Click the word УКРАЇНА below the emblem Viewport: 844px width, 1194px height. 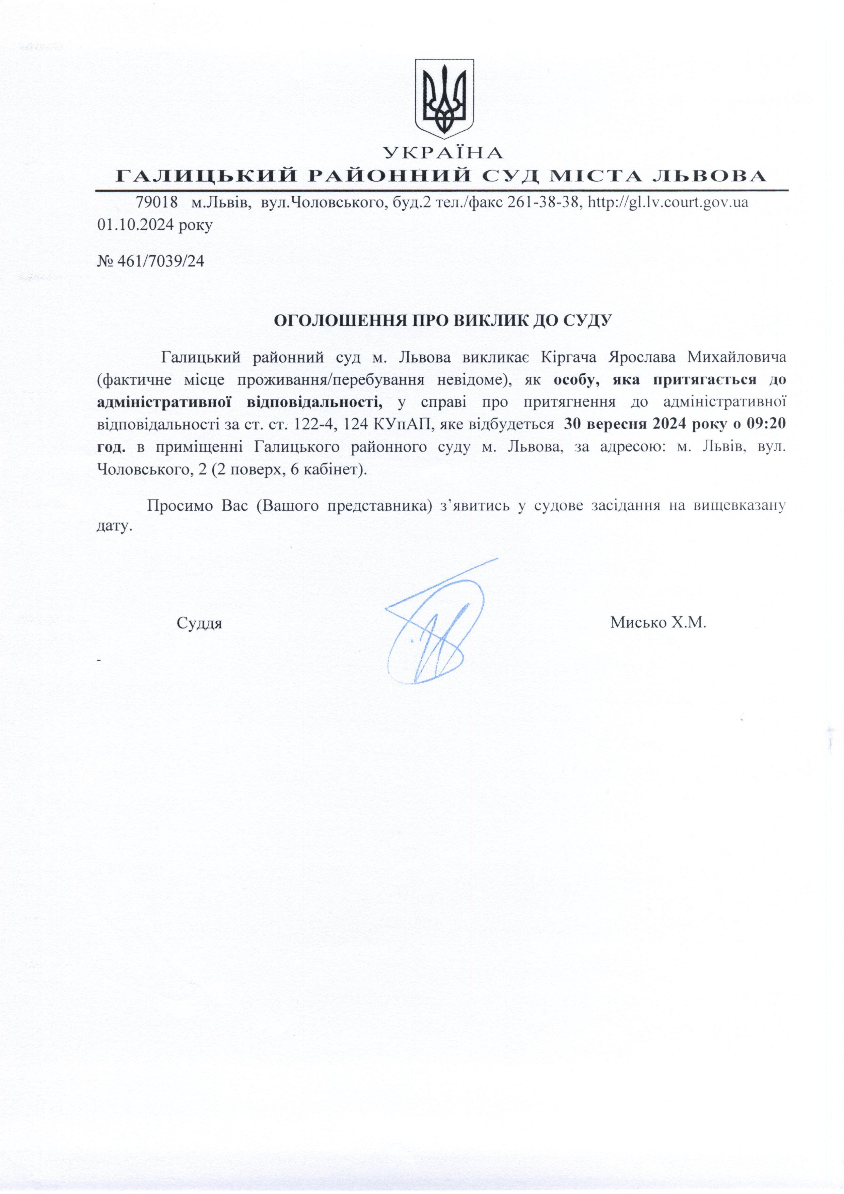tap(443, 153)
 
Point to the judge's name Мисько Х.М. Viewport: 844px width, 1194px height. tap(658, 622)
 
